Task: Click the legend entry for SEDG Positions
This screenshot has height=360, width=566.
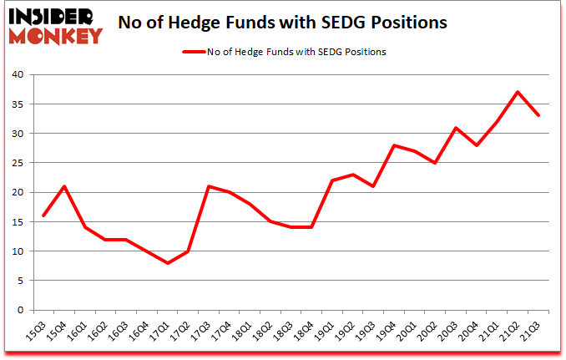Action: (284, 51)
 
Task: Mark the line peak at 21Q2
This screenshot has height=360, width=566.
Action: (518, 92)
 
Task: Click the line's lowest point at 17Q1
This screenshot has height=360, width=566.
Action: (168, 263)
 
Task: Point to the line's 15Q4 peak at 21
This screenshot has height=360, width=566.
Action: (64, 186)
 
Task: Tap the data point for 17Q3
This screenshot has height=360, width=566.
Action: (209, 186)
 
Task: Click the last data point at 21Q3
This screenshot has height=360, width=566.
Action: (538, 115)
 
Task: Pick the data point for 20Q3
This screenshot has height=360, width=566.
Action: (456, 128)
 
